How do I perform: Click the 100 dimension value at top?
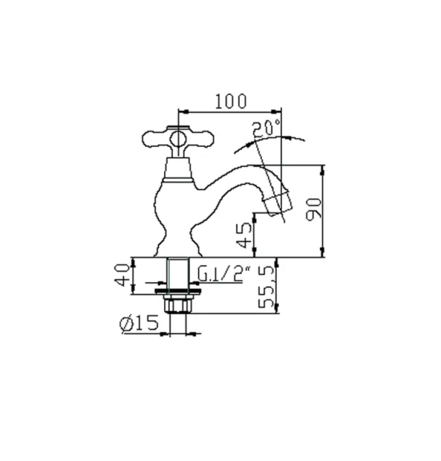(x=231, y=101)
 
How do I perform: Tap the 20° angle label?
(x=265, y=129)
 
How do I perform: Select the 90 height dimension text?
(x=314, y=209)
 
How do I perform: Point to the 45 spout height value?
(x=244, y=235)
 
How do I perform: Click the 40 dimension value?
(x=121, y=275)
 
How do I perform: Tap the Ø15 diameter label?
(x=139, y=323)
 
